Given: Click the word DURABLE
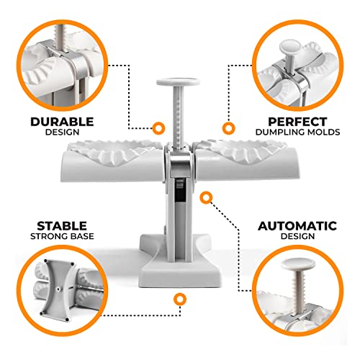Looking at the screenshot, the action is pyautogui.click(x=62, y=122).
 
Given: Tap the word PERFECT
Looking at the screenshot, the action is pyautogui.click(x=297, y=122).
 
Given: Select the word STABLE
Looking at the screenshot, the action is pyautogui.click(x=62, y=226).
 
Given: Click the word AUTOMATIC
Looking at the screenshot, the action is pyautogui.click(x=297, y=226).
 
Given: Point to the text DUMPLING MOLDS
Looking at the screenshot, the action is pyautogui.click(x=297, y=132).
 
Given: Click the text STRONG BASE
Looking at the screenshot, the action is pyautogui.click(x=62, y=236).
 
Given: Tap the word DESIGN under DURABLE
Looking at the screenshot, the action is pyautogui.click(x=62, y=132).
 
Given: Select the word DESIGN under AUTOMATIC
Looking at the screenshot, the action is pyautogui.click(x=297, y=236).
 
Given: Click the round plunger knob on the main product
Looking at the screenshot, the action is pyautogui.click(x=178, y=82).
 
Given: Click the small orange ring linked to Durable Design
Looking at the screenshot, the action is pyautogui.click(x=158, y=128).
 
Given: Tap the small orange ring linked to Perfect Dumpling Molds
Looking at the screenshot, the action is pyautogui.click(x=228, y=128).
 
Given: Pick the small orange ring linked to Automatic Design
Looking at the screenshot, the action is pyautogui.click(x=206, y=197).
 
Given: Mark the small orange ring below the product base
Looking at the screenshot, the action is pyautogui.click(x=180, y=299).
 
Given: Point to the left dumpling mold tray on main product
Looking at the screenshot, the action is pyautogui.click(x=113, y=160).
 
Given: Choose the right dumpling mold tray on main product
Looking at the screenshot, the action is pyautogui.click(x=246, y=160).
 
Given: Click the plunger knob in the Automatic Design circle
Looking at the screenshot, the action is pyautogui.click(x=298, y=264).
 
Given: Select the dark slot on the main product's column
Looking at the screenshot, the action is pyautogui.click(x=180, y=189).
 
